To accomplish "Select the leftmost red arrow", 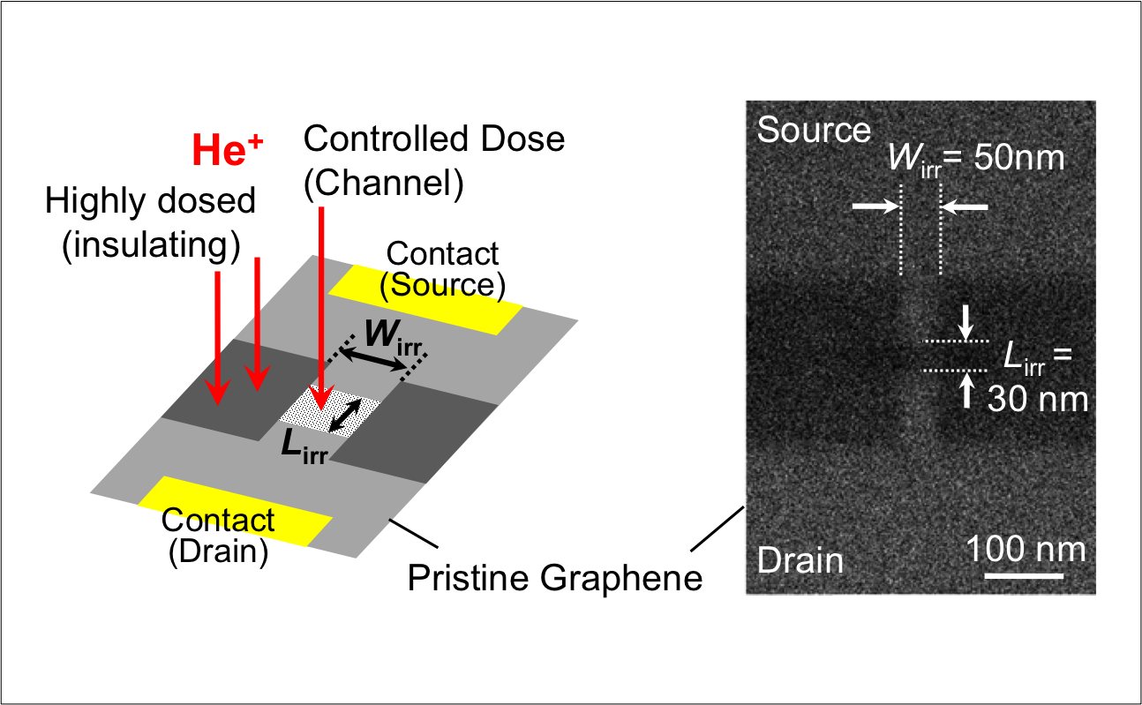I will tap(217, 335).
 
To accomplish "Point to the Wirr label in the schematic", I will tap(392, 335).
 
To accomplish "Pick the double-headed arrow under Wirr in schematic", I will tap(371, 357).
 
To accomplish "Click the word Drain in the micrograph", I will tap(800, 560).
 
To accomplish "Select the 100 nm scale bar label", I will tap(1026, 549).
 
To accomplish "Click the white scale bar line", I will tap(1024, 576).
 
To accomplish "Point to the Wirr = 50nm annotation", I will tap(975, 159).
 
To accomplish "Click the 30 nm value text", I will tap(1037, 399).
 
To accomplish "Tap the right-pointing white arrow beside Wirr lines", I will tap(875, 206).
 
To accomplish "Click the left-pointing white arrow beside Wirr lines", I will tap(965, 206).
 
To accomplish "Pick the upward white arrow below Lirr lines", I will tap(968, 390).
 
